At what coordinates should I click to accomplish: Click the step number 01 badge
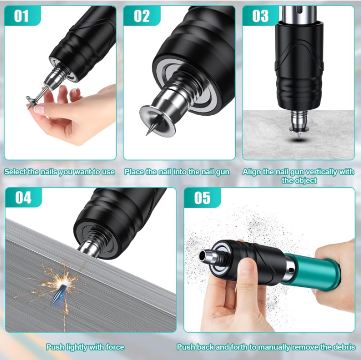pyautogui.click(x=22, y=15)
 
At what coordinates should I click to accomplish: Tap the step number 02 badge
pyautogui.click(x=142, y=15)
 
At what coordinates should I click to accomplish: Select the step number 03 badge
pyautogui.click(x=261, y=15)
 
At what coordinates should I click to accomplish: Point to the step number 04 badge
pyautogui.click(x=23, y=197)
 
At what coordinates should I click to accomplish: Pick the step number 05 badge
pyautogui.click(x=202, y=197)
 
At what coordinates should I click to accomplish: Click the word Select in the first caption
pyautogui.click(x=15, y=172)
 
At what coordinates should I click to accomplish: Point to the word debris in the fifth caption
pyautogui.click(x=343, y=347)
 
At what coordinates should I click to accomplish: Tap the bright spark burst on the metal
pyautogui.click(x=62, y=282)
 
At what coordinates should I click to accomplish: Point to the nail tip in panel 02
pyautogui.click(x=147, y=135)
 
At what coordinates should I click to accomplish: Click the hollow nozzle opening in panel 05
pyautogui.click(x=202, y=255)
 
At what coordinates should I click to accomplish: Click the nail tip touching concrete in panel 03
pyautogui.click(x=299, y=138)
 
